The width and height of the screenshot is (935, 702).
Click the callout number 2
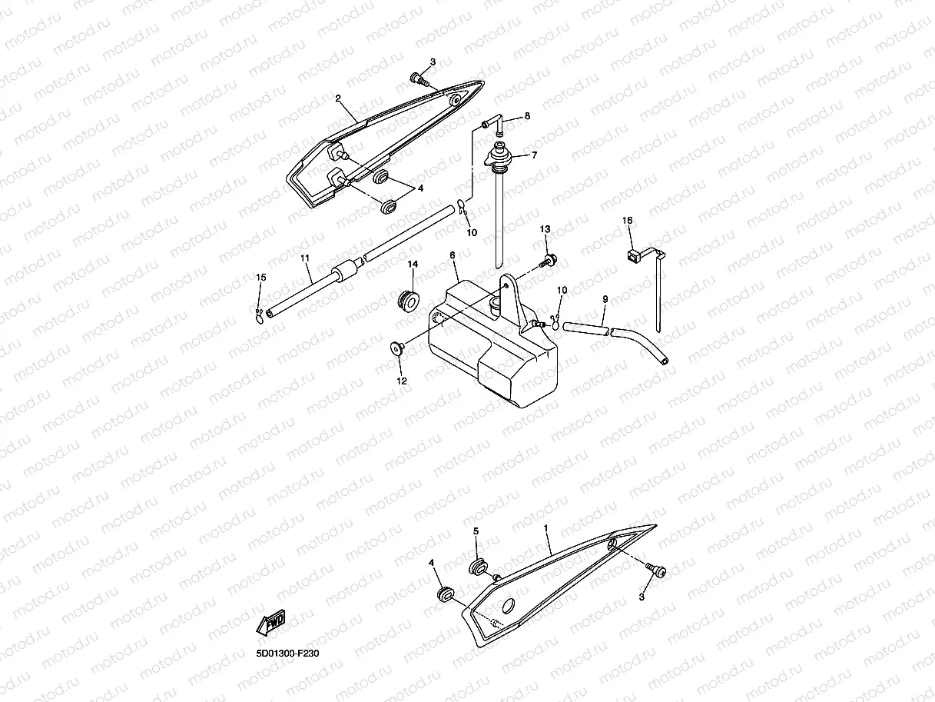pos(337,98)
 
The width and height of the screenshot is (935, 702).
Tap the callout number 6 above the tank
pos(453,255)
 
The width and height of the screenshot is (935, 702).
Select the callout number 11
pos(305,259)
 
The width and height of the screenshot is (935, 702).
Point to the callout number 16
pos(627,221)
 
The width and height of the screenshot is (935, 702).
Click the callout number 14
pos(413,264)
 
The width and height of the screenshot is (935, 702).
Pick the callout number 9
pos(605,298)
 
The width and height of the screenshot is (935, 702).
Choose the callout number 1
pos(545,529)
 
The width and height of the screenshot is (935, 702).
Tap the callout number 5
pos(476,531)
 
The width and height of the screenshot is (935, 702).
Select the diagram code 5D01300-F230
pos(287,654)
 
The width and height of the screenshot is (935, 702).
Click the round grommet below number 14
pos(408,298)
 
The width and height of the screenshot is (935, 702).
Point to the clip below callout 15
pos(260,313)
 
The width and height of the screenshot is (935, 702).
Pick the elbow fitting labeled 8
pos(495,122)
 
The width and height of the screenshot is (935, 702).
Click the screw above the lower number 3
pos(657,571)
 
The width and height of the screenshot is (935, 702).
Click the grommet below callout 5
pos(479,567)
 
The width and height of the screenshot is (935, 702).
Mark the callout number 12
pos(402,381)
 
